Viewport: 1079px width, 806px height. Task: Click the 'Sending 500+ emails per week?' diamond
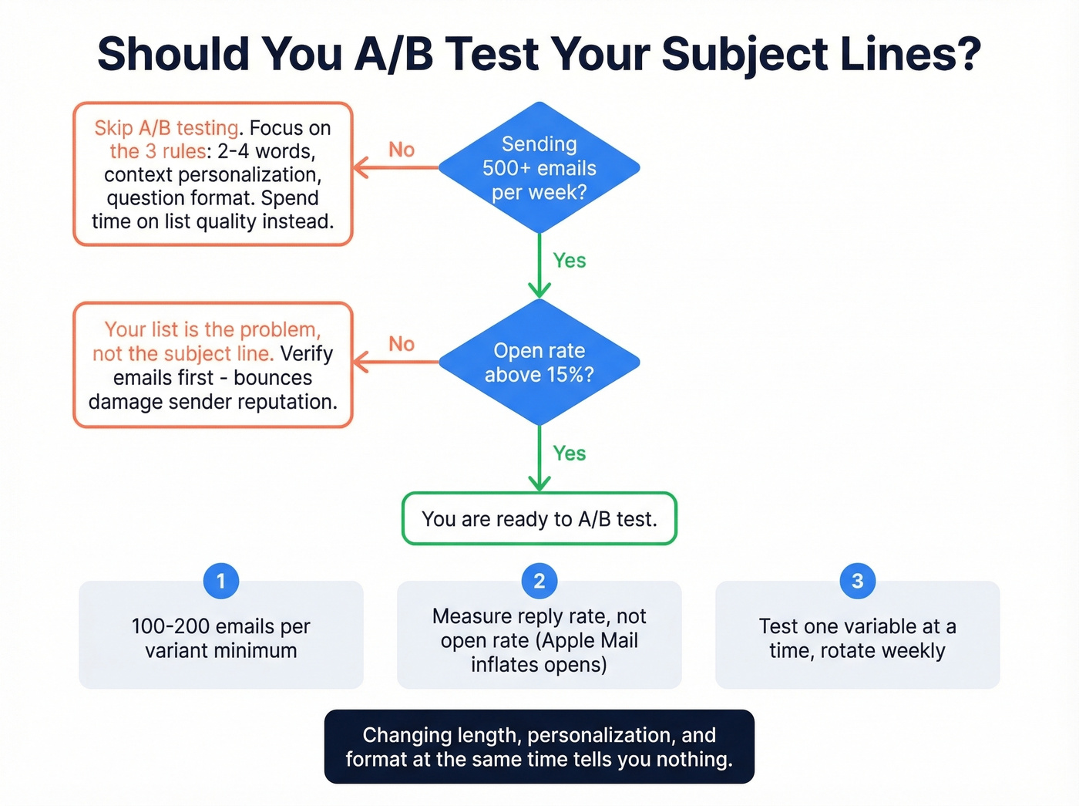pyautogui.click(x=539, y=167)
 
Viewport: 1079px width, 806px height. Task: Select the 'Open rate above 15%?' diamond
pyautogui.click(x=539, y=362)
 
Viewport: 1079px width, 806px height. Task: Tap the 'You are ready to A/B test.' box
pyautogui.click(x=539, y=519)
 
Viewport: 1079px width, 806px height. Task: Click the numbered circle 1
pyautogui.click(x=221, y=581)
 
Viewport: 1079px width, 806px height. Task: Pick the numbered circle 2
pyautogui.click(x=539, y=581)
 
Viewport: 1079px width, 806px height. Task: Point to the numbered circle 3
pyautogui.click(x=857, y=581)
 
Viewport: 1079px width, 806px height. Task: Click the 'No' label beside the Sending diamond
pyautogui.click(x=402, y=150)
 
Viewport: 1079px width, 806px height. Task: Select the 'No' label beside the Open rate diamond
pyautogui.click(x=402, y=344)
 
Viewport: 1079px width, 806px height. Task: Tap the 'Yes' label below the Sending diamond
pyautogui.click(x=570, y=261)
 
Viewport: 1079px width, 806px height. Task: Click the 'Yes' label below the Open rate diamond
pyautogui.click(x=570, y=454)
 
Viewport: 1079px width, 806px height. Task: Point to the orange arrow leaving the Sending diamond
pyautogui.click(x=396, y=167)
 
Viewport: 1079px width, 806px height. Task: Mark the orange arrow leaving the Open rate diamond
pyautogui.click(x=396, y=362)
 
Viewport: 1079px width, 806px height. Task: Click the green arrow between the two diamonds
pyautogui.click(x=539, y=266)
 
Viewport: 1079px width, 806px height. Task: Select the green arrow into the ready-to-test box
pyautogui.click(x=539, y=459)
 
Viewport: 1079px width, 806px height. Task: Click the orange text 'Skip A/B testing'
pyautogui.click(x=166, y=128)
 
